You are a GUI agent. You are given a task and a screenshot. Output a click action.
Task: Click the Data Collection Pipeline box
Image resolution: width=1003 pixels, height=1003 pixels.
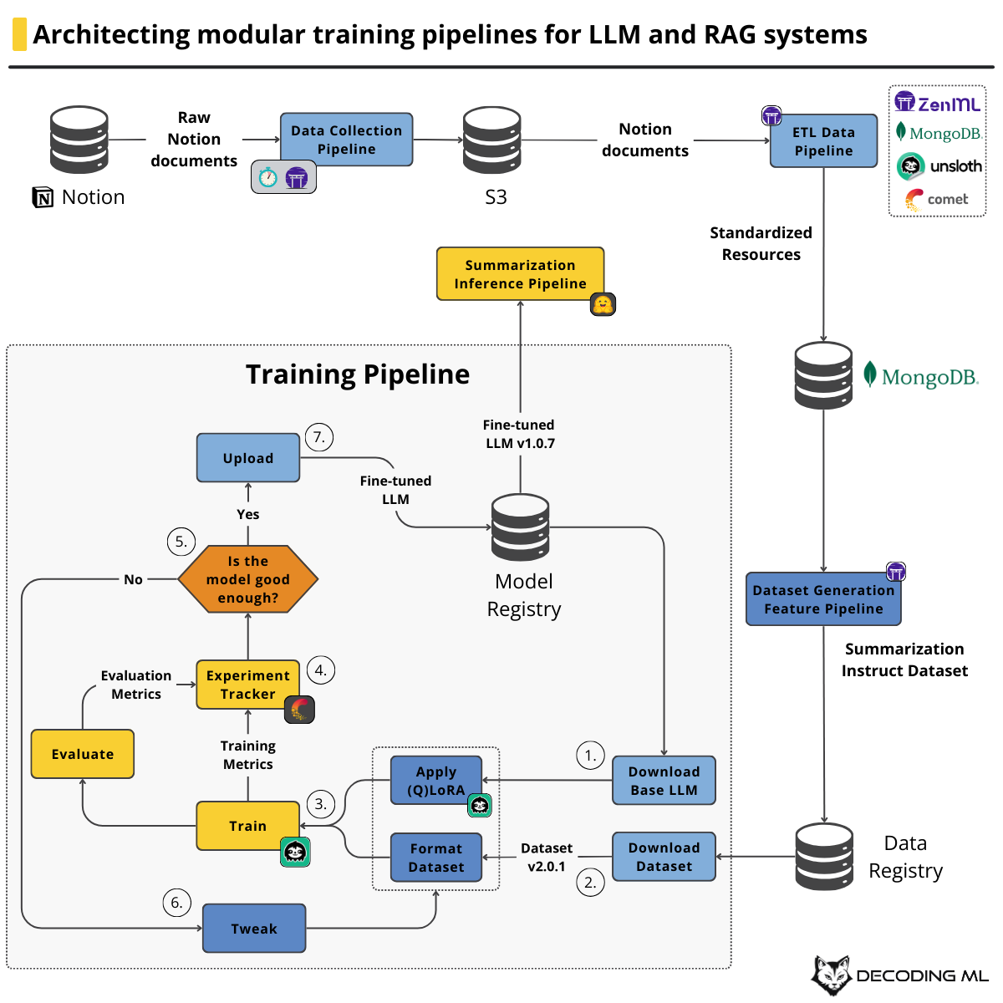(346, 140)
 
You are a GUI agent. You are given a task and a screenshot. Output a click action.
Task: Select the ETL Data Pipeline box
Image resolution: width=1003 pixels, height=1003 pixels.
(823, 141)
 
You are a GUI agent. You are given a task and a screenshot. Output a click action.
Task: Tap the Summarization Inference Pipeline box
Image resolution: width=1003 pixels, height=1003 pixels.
(520, 273)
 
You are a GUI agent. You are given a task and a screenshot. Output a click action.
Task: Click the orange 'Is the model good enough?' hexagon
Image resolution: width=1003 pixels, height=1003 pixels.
(248, 579)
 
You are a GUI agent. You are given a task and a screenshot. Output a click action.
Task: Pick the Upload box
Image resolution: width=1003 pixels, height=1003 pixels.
(248, 458)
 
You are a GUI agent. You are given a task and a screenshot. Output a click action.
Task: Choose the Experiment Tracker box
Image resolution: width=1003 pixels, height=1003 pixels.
(247, 685)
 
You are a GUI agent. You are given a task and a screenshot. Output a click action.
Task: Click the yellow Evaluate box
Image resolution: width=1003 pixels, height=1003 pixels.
(83, 754)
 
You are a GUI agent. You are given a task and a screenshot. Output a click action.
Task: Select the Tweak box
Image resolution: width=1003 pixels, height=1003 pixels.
(254, 929)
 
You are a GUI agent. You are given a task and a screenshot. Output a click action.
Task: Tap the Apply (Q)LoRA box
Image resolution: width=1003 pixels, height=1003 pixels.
(436, 781)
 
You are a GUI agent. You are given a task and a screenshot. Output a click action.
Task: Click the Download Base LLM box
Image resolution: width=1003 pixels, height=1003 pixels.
(664, 781)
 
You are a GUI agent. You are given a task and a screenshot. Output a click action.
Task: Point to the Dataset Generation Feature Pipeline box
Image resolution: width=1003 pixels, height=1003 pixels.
(823, 599)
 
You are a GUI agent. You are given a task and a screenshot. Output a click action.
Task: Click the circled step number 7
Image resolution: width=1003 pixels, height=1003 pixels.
(319, 437)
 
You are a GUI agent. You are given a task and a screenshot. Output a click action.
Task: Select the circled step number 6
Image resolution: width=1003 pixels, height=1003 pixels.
(176, 903)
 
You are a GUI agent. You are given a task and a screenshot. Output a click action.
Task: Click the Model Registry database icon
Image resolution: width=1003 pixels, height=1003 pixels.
(521, 527)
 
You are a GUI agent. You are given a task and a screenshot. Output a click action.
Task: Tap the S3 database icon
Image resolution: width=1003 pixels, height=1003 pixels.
(492, 140)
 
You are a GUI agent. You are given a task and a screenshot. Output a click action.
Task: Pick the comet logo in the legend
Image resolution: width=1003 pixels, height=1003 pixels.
(937, 199)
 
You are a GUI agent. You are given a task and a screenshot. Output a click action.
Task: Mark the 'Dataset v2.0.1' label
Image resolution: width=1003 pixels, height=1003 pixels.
(547, 858)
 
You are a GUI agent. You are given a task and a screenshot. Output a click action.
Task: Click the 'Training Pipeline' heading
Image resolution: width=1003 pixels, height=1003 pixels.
(358, 374)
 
